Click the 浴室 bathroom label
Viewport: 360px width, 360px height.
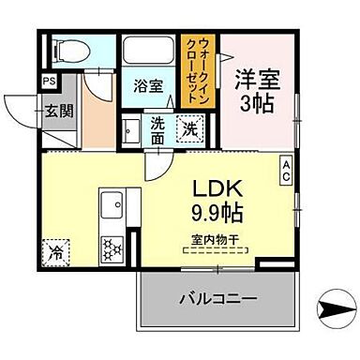tap(146, 84)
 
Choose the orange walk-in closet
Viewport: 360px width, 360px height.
tap(198, 66)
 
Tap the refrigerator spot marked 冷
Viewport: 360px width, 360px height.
tap(55, 251)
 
